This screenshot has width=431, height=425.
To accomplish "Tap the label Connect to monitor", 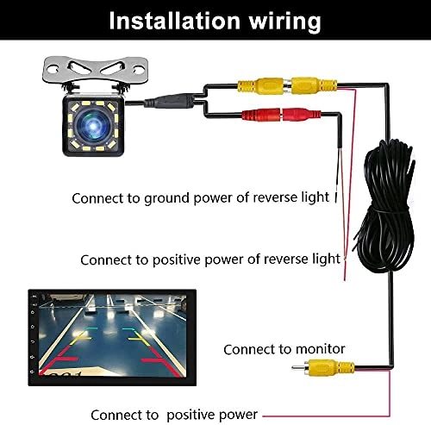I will [284, 349].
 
